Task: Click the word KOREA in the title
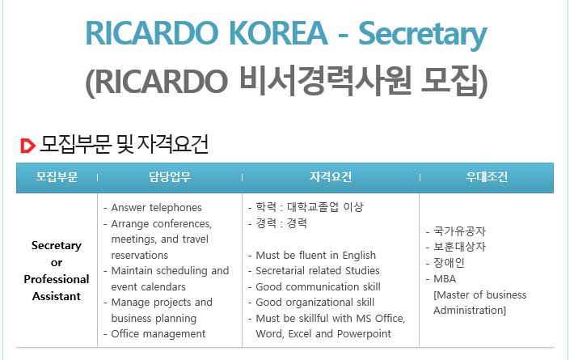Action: (278, 33)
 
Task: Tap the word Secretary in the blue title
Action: (423, 35)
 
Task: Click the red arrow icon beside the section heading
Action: (27, 146)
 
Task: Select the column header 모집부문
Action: (57, 177)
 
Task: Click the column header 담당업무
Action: (170, 177)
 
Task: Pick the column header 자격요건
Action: (331, 177)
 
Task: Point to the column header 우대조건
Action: (487, 177)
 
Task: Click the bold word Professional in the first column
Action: (57, 279)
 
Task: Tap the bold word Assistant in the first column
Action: (57, 296)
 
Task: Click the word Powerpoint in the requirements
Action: (364, 334)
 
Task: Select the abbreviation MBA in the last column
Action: (445, 279)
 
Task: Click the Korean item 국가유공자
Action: (459, 231)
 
